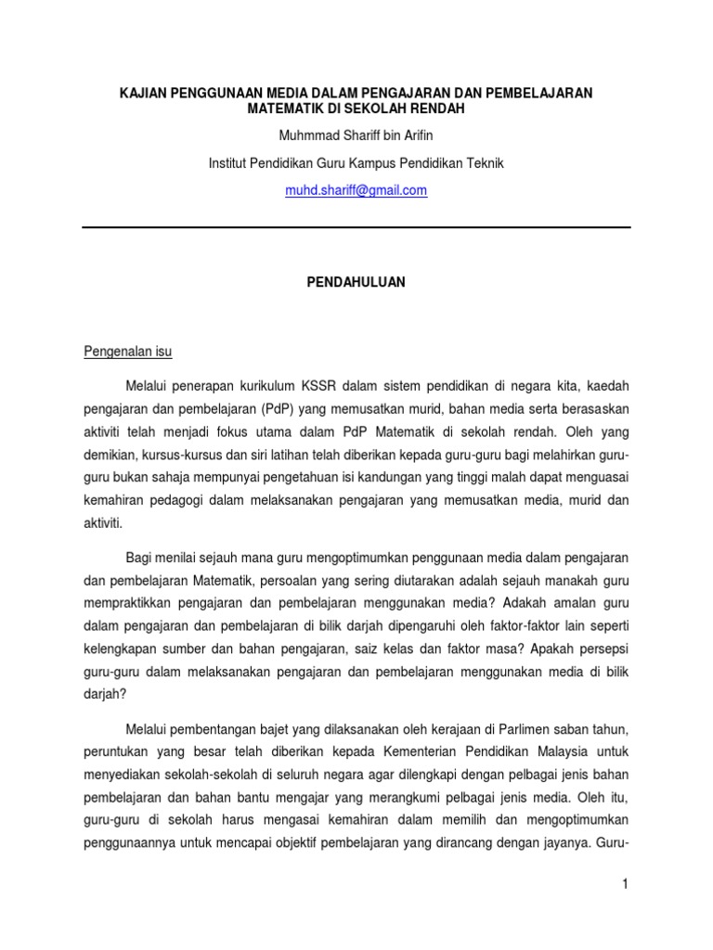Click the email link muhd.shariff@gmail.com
pyautogui.click(x=356, y=190)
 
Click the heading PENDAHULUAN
pyautogui.click(x=356, y=282)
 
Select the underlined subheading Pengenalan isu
pyautogui.click(x=128, y=353)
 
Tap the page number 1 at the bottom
pyautogui.click(x=626, y=885)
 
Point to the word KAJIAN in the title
pyautogui.click(x=143, y=93)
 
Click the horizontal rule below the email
pyautogui.click(x=356, y=226)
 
